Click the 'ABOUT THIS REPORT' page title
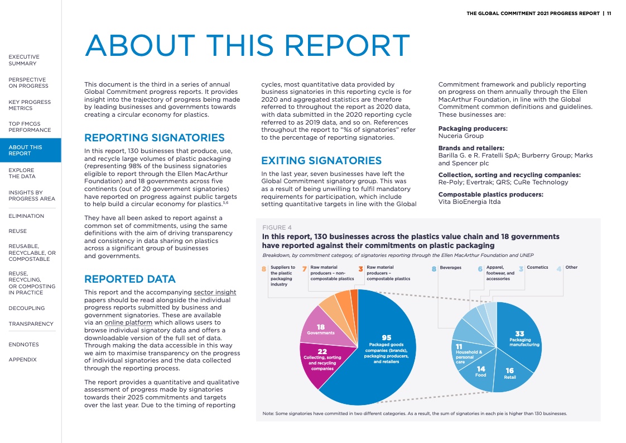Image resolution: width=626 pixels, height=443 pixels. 247,46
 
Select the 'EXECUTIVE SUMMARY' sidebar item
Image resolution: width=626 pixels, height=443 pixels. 24,60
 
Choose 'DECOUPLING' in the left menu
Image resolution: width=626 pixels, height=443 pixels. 27,308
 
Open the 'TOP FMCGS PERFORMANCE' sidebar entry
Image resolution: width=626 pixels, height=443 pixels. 30,126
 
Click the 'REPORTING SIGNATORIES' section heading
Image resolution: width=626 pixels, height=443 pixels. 154,137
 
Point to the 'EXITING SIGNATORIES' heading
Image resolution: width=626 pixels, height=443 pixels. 321,161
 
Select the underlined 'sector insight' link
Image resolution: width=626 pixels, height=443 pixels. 215,292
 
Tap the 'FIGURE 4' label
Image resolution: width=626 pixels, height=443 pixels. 277,227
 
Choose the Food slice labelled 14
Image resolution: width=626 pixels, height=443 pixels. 480,371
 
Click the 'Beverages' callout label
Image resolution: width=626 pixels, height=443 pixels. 450,268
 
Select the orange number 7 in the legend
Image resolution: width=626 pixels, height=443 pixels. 304,268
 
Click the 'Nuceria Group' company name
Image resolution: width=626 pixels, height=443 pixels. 461,136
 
